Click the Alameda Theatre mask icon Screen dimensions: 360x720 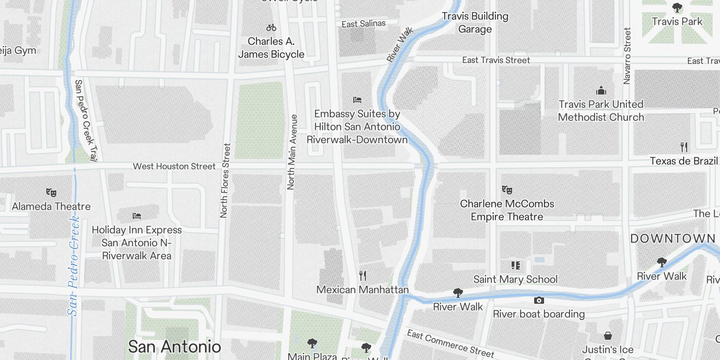point(51,193)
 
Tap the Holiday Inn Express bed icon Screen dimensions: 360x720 point(137,216)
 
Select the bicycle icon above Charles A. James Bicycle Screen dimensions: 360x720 point(271,28)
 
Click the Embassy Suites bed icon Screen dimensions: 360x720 point(357,100)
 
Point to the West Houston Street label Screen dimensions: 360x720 point(174,166)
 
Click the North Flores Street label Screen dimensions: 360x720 point(225,180)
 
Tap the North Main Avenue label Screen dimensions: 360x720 point(292,152)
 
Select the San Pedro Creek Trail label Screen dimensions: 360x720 point(85,120)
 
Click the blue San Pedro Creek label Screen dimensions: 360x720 point(74,265)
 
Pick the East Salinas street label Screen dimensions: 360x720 point(364,24)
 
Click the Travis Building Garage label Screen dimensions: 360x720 point(475,22)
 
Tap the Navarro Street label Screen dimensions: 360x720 point(627,56)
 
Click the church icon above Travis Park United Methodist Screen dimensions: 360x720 point(601,90)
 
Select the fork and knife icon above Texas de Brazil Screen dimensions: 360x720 point(684,147)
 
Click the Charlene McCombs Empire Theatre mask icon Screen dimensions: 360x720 point(507,190)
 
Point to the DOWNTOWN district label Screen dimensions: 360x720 point(673,239)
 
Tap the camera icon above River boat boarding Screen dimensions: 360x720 point(539,300)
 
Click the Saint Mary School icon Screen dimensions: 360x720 point(516,265)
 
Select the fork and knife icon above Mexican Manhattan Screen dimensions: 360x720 point(363,275)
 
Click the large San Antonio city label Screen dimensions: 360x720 point(175,347)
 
